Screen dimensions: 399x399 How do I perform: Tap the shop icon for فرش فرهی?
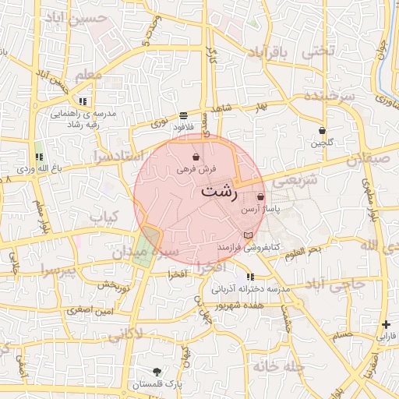[x=195, y=157]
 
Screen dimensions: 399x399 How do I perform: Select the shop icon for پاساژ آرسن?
[x=260, y=197]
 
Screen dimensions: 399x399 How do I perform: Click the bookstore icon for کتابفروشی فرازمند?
[x=248, y=235]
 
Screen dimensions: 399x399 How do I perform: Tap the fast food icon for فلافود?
[x=183, y=115]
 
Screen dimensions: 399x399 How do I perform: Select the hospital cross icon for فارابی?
[x=387, y=324]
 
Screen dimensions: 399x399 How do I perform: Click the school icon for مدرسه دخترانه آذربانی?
[x=249, y=277]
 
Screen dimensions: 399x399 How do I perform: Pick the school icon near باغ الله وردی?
[x=39, y=157]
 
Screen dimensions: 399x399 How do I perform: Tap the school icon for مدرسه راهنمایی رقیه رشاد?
[x=83, y=101]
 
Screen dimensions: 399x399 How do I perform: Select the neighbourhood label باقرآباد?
[x=278, y=52]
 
